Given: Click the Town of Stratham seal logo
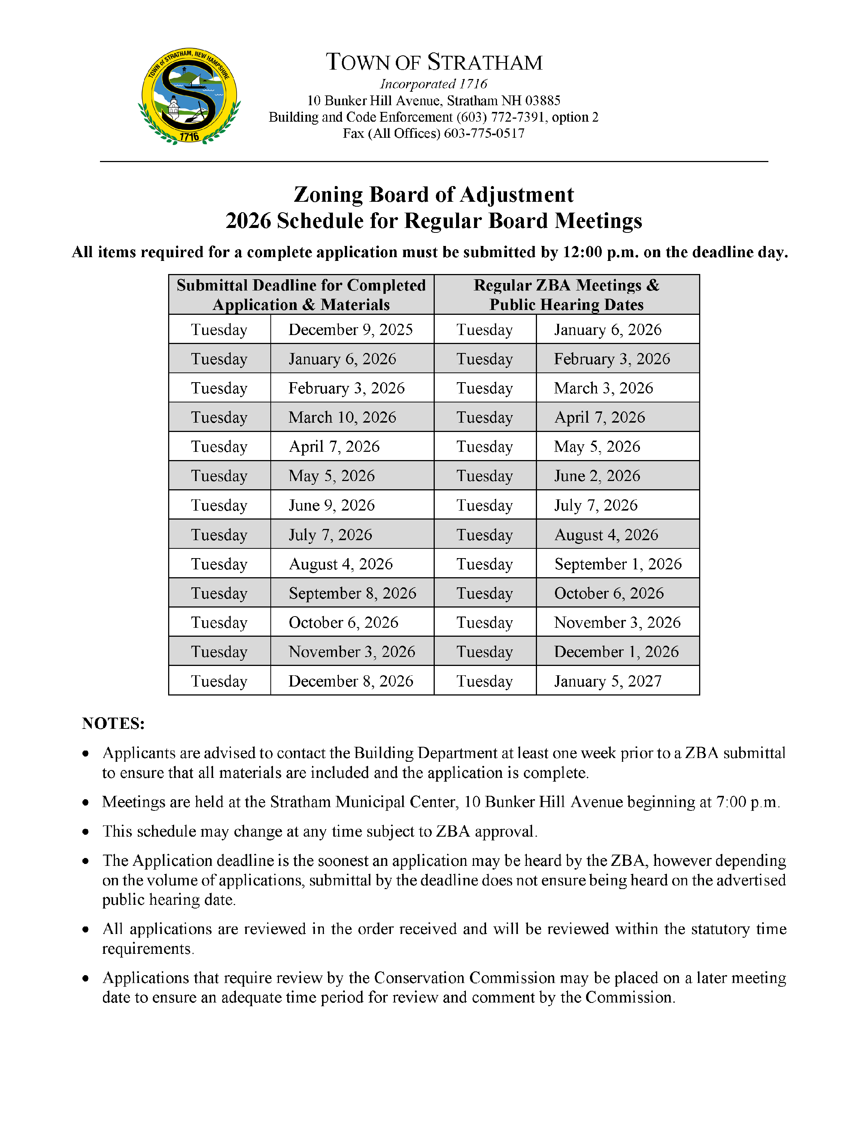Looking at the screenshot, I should [189, 96].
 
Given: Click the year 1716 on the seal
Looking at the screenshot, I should [189, 137].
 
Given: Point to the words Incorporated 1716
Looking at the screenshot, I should [434, 84].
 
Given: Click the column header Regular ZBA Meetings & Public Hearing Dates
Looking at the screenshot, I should [566, 295].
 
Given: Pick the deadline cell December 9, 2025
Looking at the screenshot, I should [351, 329].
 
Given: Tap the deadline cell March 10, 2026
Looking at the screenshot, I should [343, 417].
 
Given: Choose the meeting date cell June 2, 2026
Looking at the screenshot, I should [597, 476].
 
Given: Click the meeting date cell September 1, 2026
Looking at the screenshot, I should [617, 564].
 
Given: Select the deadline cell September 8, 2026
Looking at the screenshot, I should [352, 593].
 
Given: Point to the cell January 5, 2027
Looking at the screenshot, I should [608, 681].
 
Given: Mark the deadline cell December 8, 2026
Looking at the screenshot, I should [351, 681].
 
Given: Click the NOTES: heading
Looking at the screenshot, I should [113, 724].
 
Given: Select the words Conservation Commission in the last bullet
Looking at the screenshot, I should [464, 978].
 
